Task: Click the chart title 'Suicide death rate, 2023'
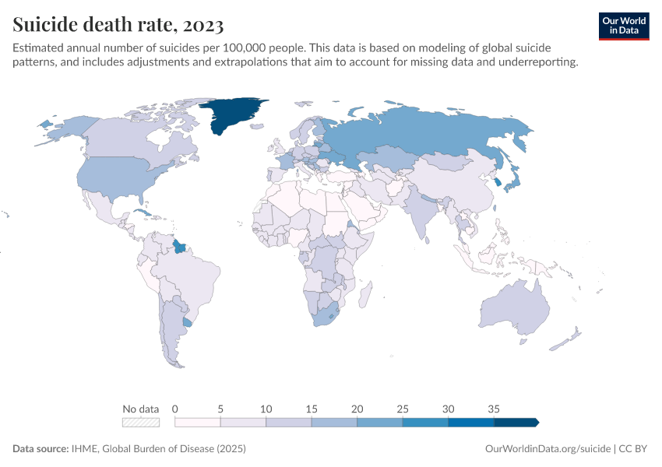[118, 25]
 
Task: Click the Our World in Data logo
[623, 26]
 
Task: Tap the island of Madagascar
[364, 296]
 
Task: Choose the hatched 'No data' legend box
[141, 423]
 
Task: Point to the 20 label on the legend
[357, 409]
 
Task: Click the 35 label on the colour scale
[494, 409]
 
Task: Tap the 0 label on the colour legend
[175, 409]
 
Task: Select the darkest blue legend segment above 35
[516, 423]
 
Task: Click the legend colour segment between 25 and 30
[425, 423]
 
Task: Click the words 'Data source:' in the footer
[40, 449]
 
